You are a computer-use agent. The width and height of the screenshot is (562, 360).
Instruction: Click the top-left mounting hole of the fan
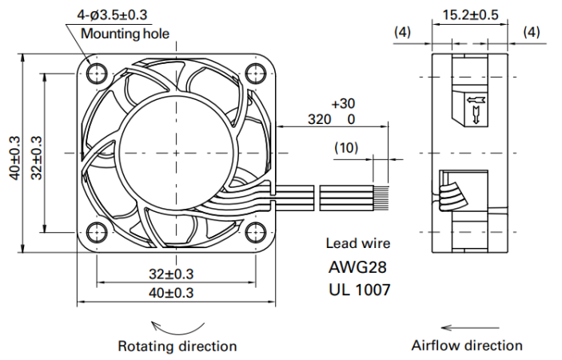pos(97,74)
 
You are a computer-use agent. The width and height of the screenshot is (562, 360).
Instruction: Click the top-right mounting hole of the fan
pos(256,74)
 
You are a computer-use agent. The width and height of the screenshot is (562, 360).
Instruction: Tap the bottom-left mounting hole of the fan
pos(97,232)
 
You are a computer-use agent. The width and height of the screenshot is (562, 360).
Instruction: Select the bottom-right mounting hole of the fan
pos(256,232)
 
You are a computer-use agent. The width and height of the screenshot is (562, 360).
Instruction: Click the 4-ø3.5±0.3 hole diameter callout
pos(112,14)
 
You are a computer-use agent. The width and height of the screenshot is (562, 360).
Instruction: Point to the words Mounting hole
pos(125,34)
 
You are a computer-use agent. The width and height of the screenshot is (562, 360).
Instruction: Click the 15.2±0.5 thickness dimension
pos(470,14)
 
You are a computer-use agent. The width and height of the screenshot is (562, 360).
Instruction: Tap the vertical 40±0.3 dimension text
pos(15,158)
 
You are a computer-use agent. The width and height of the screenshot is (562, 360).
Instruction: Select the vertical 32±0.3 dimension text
pos(37,158)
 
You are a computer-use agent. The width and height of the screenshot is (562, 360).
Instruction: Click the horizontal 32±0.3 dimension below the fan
pos(171,274)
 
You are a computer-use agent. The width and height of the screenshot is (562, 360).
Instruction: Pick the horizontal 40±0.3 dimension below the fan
pos(171,293)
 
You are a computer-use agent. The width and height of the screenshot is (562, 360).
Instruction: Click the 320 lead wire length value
pos(319,119)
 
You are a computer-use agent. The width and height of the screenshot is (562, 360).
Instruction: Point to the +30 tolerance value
pos(343,104)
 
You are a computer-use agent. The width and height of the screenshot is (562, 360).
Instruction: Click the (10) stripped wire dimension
pos(346,147)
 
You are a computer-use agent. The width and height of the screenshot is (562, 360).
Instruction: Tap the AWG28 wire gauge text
pos(357,267)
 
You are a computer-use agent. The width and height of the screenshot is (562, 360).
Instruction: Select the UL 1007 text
pos(360,290)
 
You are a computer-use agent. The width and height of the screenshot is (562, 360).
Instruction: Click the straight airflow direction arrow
pos(470,327)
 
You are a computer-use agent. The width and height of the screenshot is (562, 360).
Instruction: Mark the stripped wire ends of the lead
pos(381,198)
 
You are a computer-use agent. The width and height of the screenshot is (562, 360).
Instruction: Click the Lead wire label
pos(357,243)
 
